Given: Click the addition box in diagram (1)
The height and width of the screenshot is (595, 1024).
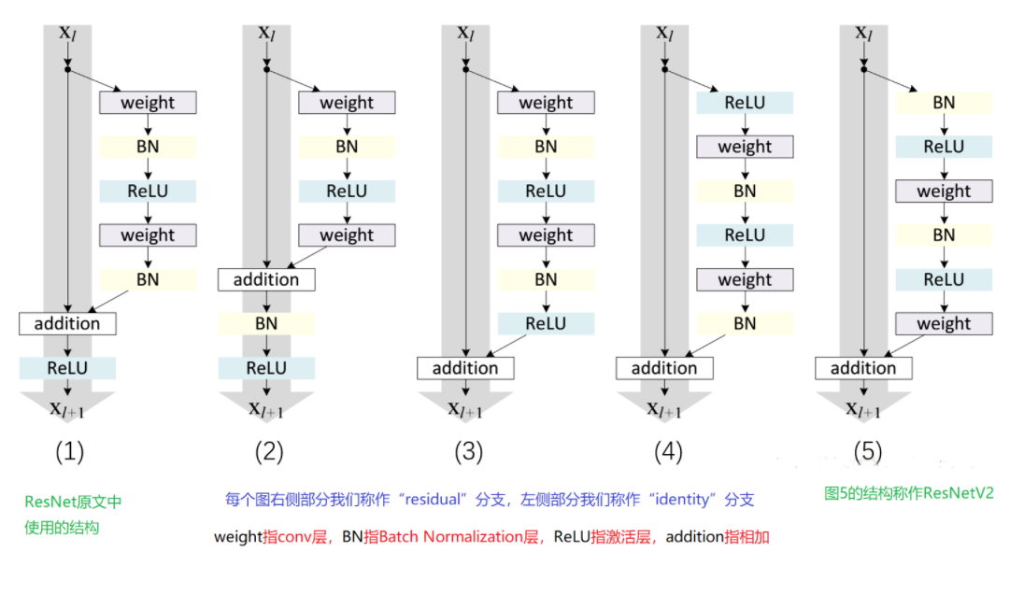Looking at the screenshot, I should click(x=67, y=323).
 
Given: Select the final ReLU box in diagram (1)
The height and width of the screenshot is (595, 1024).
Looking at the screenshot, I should click(x=67, y=368).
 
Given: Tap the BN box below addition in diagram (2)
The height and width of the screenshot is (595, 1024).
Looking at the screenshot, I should click(x=266, y=323).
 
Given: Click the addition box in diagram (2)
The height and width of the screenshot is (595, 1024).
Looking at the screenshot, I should click(x=266, y=279).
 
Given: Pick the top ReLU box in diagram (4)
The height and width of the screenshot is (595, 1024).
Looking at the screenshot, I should click(x=745, y=103).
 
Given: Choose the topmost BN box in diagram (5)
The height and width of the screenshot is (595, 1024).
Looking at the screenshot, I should click(x=944, y=103).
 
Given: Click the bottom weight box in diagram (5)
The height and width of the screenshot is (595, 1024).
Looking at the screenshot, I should click(x=944, y=323).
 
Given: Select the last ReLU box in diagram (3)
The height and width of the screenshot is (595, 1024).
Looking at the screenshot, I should click(x=546, y=323).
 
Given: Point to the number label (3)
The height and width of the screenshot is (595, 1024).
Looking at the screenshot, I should click(x=468, y=452).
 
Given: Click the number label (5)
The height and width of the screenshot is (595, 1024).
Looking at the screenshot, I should click(x=867, y=452).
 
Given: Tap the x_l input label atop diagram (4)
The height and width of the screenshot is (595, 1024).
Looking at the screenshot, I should click(x=664, y=33).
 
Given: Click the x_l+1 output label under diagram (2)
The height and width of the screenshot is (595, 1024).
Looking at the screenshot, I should click(x=268, y=408).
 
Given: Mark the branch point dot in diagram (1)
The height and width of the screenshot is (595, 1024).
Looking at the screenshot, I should click(x=67, y=68).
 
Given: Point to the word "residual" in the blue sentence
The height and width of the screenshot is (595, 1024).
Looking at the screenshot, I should click(x=434, y=500).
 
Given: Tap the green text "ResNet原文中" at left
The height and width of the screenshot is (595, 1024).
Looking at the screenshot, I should click(x=73, y=502).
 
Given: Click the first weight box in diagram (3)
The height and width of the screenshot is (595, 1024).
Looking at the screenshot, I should click(x=546, y=103).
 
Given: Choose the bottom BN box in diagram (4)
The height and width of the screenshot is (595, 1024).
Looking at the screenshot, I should click(x=745, y=323).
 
